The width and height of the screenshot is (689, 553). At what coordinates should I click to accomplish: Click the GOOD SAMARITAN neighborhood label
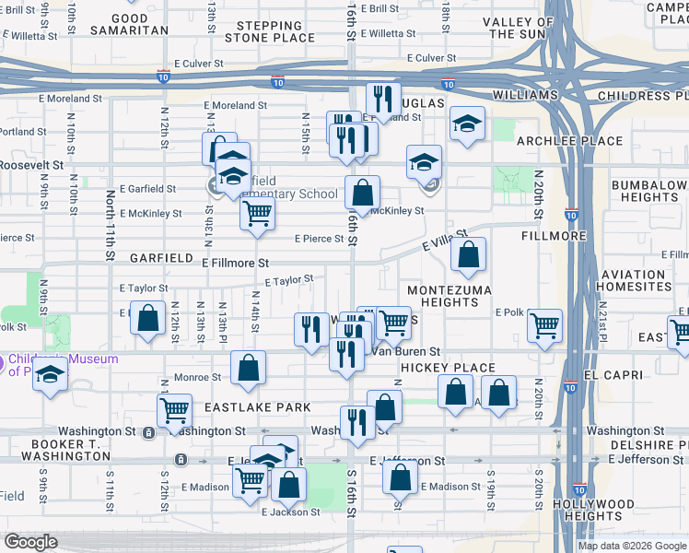tap(129, 24)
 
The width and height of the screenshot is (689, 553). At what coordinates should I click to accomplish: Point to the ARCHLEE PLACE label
tap(556, 141)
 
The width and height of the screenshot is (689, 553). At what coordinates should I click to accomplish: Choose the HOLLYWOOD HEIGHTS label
tap(593, 511)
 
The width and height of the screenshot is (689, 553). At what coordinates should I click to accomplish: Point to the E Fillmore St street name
tap(235, 263)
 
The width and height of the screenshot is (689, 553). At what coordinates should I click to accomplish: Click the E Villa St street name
tap(445, 242)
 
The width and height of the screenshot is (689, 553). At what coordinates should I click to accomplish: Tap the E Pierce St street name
tap(319, 239)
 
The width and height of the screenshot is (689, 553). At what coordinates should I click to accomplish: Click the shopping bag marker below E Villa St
tap(469, 255)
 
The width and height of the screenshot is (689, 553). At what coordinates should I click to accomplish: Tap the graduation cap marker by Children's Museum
tap(51, 376)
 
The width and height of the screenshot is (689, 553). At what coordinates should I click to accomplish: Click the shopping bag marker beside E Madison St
tap(399, 477)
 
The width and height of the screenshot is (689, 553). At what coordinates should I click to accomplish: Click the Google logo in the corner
tap(31, 542)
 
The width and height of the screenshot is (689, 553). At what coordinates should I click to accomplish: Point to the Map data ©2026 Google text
tap(631, 546)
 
